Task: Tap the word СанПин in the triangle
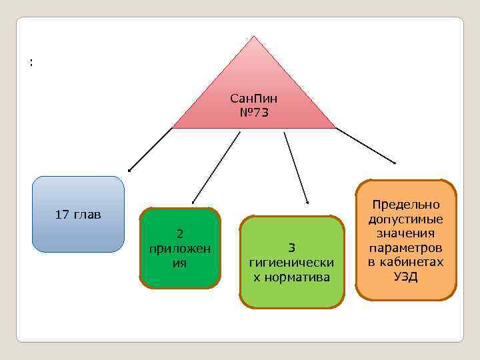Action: (x=253, y=99)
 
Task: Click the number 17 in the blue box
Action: (x=62, y=215)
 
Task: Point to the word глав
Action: (x=87, y=215)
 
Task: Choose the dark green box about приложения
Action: (x=180, y=248)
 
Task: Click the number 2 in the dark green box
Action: (x=180, y=233)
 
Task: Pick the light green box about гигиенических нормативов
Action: (x=292, y=262)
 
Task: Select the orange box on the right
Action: (x=406, y=240)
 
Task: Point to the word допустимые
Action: (x=406, y=219)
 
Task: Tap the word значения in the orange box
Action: (x=406, y=233)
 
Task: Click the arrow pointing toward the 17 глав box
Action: (x=150, y=149)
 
